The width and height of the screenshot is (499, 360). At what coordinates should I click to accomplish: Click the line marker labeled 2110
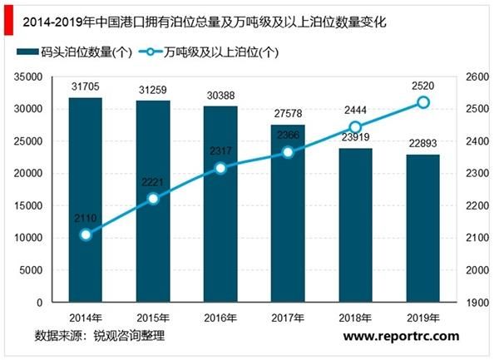pyautogui.click(x=86, y=234)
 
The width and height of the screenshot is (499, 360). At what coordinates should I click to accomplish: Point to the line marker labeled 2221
pyautogui.click(x=153, y=199)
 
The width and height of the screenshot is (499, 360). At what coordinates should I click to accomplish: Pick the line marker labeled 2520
pyautogui.click(x=422, y=102)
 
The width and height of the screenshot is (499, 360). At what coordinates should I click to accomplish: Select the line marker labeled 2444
pyautogui.click(x=355, y=127)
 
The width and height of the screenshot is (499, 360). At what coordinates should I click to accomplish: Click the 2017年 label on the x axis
pyautogui.click(x=288, y=318)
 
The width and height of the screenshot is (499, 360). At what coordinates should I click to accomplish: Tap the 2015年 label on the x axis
pyautogui.click(x=153, y=318)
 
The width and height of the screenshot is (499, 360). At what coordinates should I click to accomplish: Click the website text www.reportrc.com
pyautogui.click(x=401, y=336)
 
